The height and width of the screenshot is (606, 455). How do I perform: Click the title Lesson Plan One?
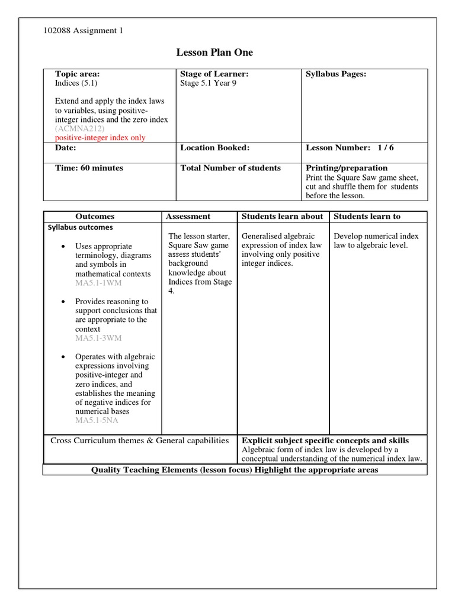214,53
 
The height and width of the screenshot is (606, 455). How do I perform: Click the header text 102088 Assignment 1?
84,31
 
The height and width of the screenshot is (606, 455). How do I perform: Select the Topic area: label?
77,74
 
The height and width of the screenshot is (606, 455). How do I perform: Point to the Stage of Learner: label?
214,74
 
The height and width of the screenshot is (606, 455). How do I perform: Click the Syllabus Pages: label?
336,74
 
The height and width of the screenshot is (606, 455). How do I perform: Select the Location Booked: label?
214,148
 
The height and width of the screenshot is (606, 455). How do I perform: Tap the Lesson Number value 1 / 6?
382,148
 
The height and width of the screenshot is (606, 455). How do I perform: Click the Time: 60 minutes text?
89,168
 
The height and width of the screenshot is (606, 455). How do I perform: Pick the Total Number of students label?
230,168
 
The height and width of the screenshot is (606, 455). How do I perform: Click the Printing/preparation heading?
347,168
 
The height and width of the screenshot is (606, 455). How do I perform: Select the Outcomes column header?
95,217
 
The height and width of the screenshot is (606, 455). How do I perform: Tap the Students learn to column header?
367,217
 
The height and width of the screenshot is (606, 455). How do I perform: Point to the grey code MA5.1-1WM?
98,283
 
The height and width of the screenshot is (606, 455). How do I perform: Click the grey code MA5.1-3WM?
98,339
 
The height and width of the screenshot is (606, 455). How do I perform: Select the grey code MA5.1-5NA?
97,421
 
